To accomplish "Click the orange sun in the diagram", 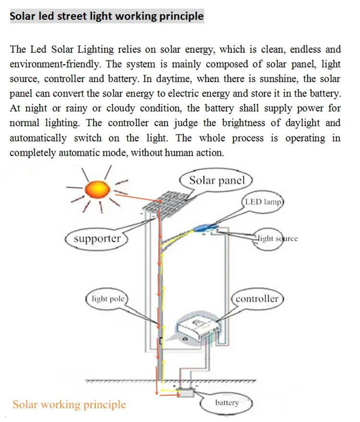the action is coord(97,190).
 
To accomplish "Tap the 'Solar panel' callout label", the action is coord(217,180).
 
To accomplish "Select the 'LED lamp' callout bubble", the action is coord(263,202).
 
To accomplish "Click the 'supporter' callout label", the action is coord(97,239).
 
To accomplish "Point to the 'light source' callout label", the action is coord(277,239).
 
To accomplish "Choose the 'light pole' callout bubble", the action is coord(108,299).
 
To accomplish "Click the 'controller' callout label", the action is coord(257,299).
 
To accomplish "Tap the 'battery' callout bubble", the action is coord(227,403).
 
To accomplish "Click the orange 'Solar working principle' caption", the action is coord(69,405).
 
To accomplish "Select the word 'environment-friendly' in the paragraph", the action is coord(55,64).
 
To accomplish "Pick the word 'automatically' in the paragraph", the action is coord(38,138).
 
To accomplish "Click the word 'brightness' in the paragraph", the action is coord(243,123).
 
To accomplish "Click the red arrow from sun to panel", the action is coord(139,198).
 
